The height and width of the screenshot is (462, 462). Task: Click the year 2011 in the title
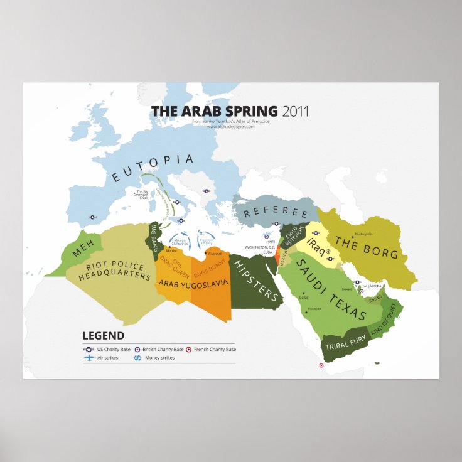(295, 112)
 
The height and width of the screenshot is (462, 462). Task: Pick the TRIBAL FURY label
(345, 343)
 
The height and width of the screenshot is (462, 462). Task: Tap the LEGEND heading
(103, 336)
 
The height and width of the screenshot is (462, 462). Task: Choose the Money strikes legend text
(159, 358)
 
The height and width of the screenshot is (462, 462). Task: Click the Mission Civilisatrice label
(180, 242)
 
